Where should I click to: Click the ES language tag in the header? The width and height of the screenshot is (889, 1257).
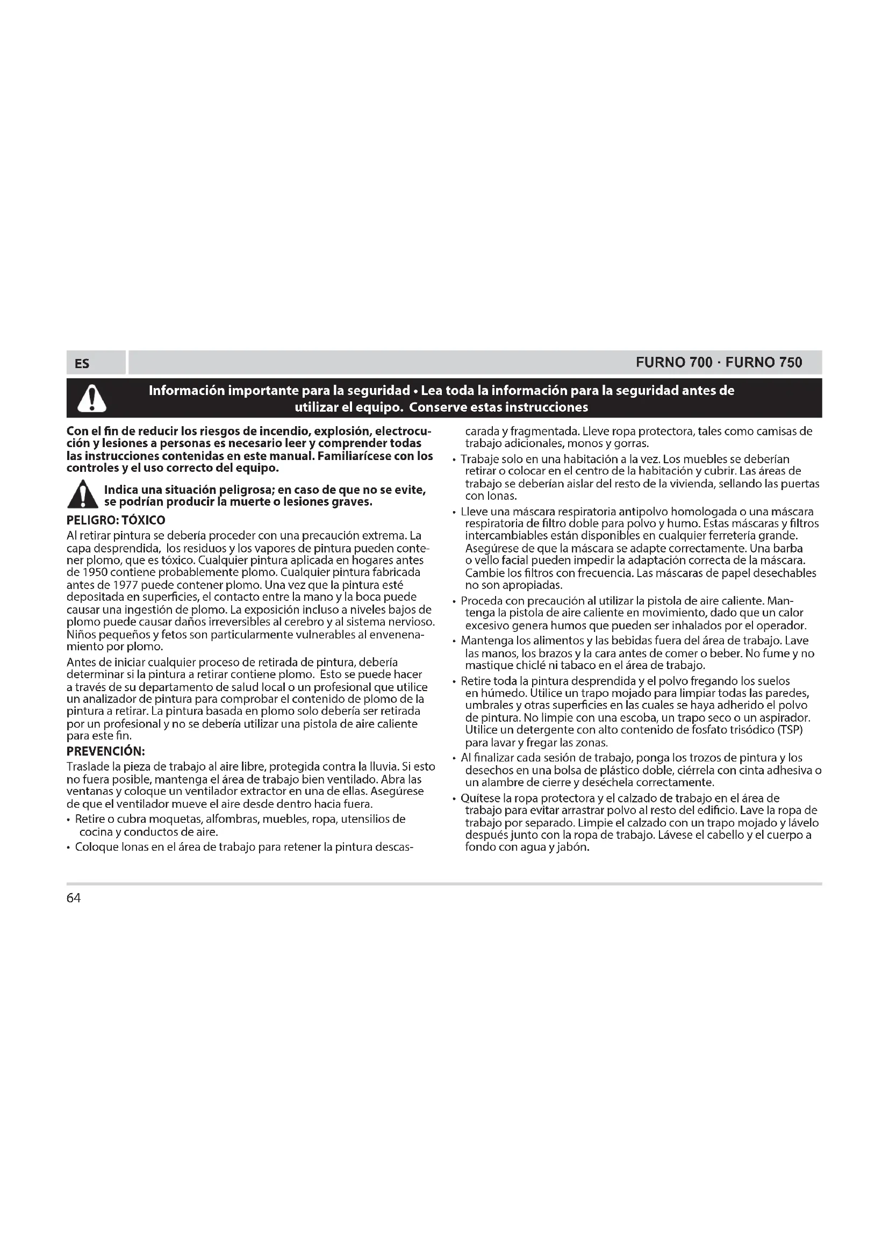coord(82,363)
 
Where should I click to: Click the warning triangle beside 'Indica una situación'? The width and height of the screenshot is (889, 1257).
coord(83,494)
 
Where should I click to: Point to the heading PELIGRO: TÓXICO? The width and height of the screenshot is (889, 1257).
coord(116,520)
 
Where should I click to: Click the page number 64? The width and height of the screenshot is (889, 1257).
coord(73,899)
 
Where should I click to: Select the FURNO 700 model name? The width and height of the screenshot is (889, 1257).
coord(674,362)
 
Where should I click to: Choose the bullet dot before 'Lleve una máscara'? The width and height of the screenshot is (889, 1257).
coord(454,513)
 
